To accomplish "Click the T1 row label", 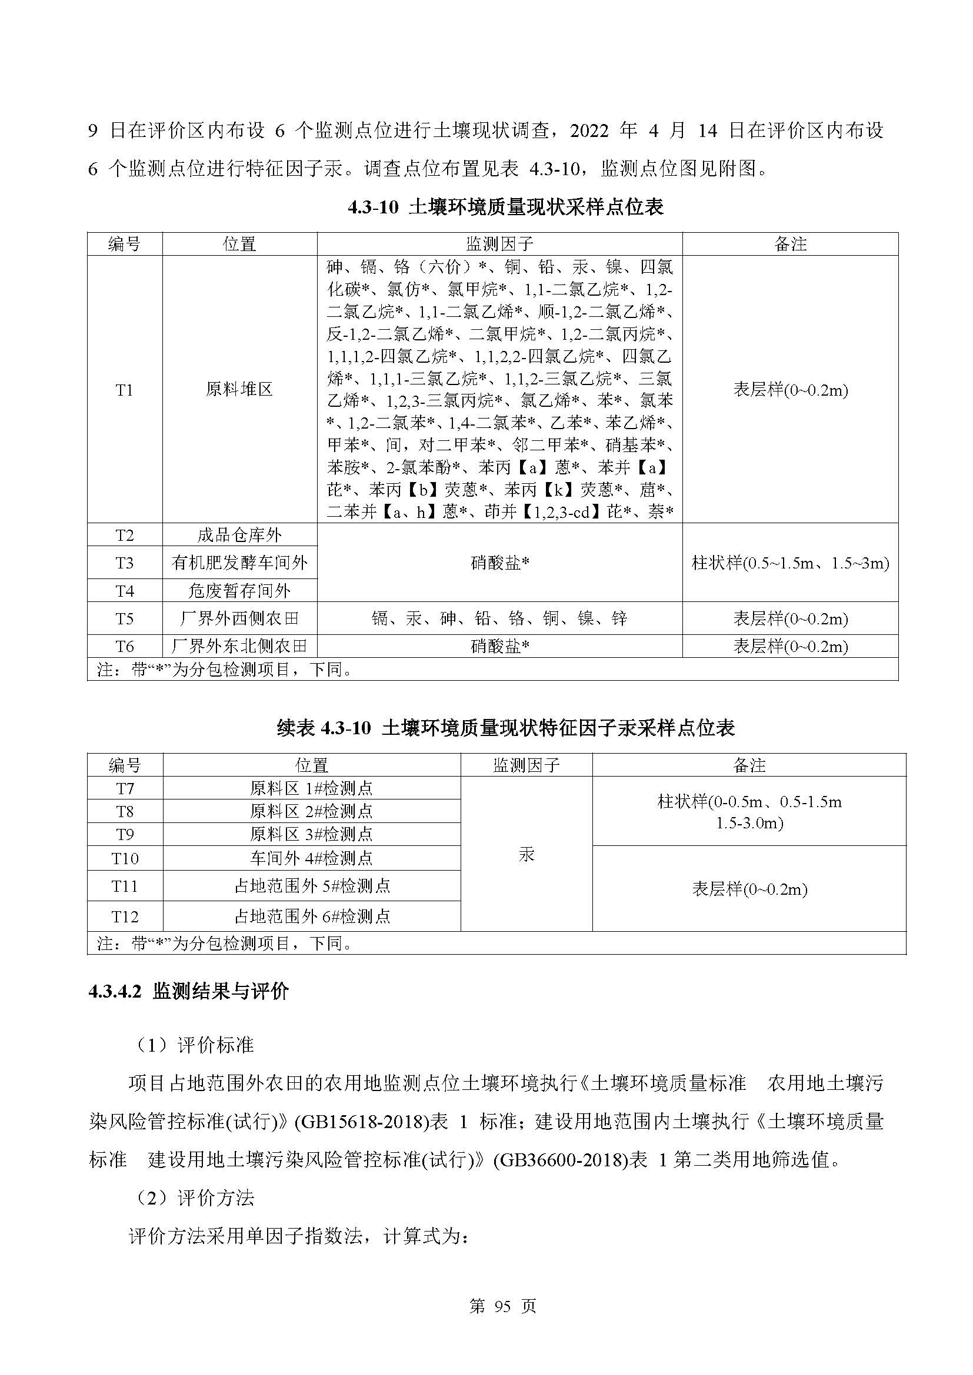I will (124, 390).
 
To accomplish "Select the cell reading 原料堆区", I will (239, 390).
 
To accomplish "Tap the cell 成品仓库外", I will (239, 535).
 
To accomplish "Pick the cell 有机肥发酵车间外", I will (239, 563).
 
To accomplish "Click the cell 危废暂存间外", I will (239, 590).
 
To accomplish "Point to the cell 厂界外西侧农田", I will (239, 618).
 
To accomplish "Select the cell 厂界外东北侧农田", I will (239, 646).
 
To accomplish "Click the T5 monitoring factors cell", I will (499, 618).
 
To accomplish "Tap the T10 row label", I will (125, 858).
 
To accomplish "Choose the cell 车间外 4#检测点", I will (311, 858).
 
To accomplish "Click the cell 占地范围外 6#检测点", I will (311, 916).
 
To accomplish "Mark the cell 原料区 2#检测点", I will (311, 811).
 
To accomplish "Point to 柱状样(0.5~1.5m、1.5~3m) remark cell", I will (789, 563).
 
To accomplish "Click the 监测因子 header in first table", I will (499, 244).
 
